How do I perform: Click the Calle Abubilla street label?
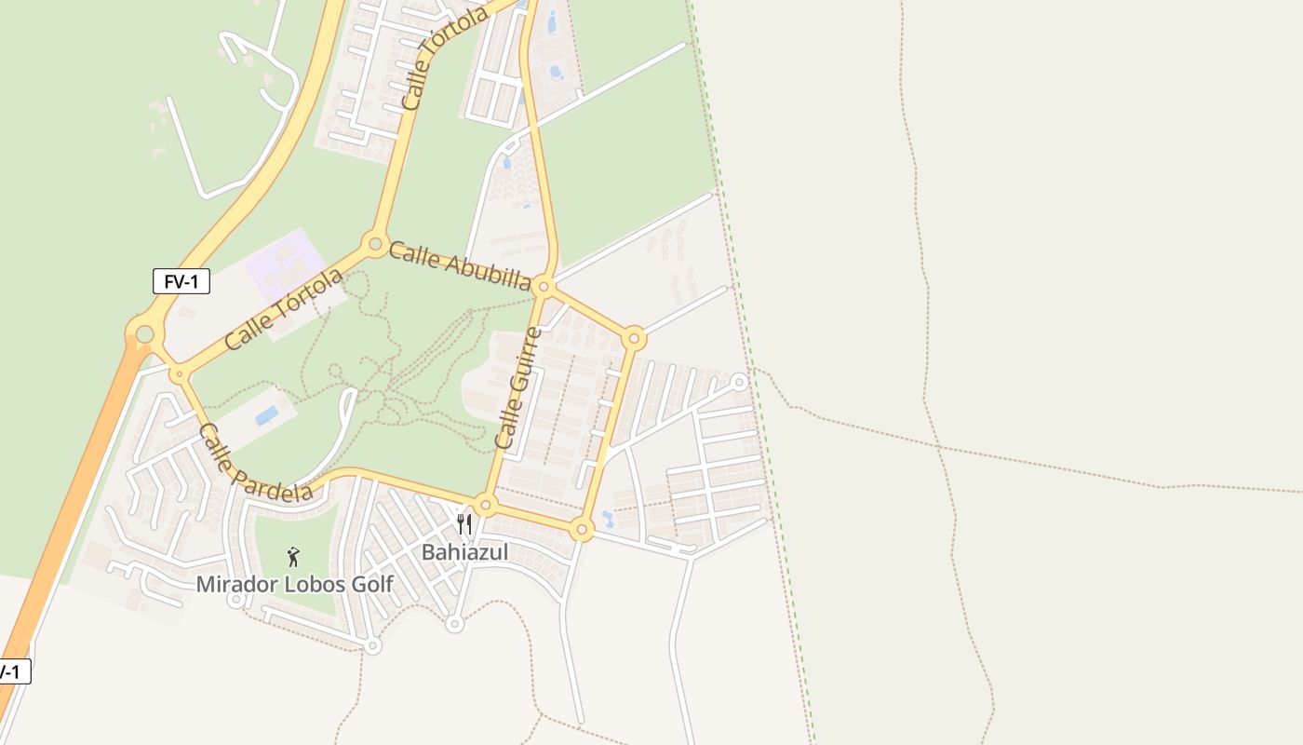coord(460,265)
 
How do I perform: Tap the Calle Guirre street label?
coord(517,388)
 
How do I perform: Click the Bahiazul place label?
coord(465,552)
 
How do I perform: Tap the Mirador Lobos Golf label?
coord(294,585)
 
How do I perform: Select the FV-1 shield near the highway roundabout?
coord(181,280)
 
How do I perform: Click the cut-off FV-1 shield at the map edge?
coord(13,671)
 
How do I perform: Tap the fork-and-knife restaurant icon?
coord(464,524)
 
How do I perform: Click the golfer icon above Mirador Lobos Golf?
coord(294,557)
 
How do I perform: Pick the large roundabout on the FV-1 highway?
coord(144,333)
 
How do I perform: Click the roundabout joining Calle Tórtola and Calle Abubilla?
coord(375,244)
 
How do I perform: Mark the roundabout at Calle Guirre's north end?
coord(544,287)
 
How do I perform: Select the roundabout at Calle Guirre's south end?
coord(486,506)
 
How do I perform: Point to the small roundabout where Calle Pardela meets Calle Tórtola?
coord(178,374)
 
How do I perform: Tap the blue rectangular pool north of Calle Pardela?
coord(267,415)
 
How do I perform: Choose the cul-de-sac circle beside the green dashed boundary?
coord(739,382)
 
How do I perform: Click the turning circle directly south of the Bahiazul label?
coord(454,624)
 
